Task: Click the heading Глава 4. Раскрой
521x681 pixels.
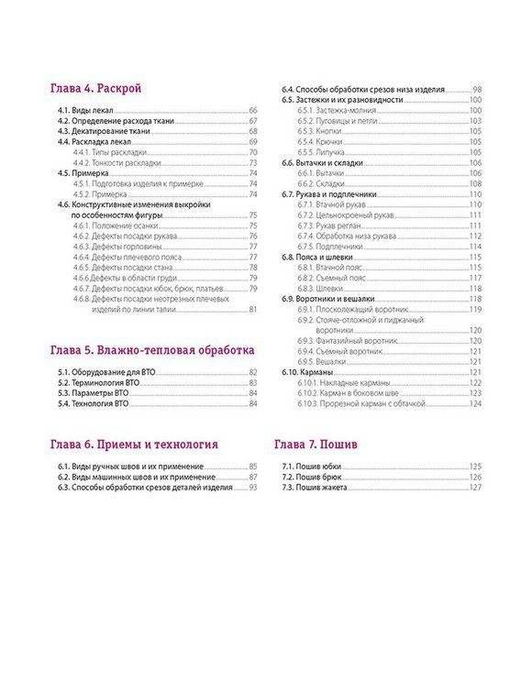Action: (x=100, y=89)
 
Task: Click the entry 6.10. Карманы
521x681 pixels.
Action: (x=307, y=371)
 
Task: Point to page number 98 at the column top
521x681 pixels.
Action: (x=477, y=89)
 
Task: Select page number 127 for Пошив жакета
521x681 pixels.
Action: (x=475, y=487)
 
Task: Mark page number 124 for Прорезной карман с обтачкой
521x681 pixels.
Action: (x=475, y=402)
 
